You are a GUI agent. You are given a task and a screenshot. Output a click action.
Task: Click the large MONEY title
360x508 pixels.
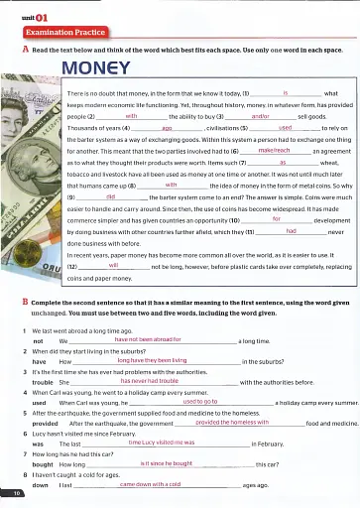pyautogui.click(x=103, y=69)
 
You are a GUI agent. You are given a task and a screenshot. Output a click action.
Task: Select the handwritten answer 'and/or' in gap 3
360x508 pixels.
pyautogui.click(x=261, y=116)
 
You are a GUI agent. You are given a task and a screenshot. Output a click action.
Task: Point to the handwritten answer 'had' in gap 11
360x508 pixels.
pyautogui.click(x=291, y=230)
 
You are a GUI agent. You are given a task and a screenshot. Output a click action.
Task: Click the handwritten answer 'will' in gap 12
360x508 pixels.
pyautogui.click(x=113, y=266)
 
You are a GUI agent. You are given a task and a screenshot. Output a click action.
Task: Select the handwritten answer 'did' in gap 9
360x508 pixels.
pyautogui.click(x=110, y=198)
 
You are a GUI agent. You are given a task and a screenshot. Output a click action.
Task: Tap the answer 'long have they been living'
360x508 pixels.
pyautogui.click(x=152, y=360)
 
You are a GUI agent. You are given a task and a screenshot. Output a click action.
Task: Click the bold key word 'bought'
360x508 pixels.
pyautogui.click(x=44, y=463)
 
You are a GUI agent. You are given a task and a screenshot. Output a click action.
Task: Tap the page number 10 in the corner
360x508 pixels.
pyautogui.click(x=17, y=492)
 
